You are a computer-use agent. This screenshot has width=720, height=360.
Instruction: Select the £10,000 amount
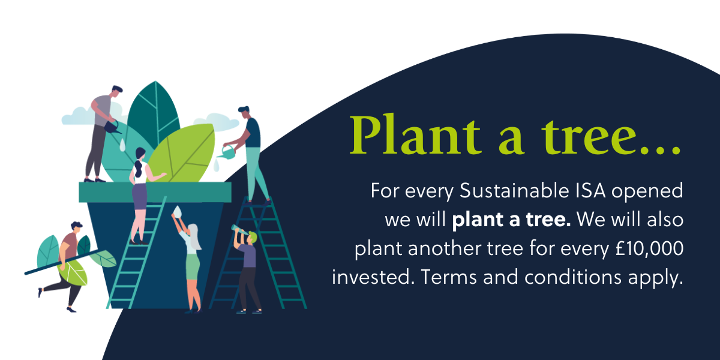click(649, 248)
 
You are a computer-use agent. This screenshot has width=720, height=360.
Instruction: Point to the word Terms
click(449, 277)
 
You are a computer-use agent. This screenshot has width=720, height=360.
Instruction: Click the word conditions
click(573, 277)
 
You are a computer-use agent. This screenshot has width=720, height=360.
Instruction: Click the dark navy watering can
click(112, 127)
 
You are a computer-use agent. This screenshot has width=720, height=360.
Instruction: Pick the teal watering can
click(227, 152)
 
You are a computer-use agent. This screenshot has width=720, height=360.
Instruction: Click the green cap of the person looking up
click(253, 236)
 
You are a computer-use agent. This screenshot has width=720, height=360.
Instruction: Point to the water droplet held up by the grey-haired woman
click(178, 211)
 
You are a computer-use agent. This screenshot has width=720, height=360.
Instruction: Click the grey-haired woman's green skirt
click(193, 266)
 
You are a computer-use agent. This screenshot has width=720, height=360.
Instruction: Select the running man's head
click(77, 227)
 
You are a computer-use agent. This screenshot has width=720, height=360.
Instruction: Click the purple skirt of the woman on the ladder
click(140, 196)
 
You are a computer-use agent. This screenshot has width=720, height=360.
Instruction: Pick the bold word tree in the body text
click(548, 219)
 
